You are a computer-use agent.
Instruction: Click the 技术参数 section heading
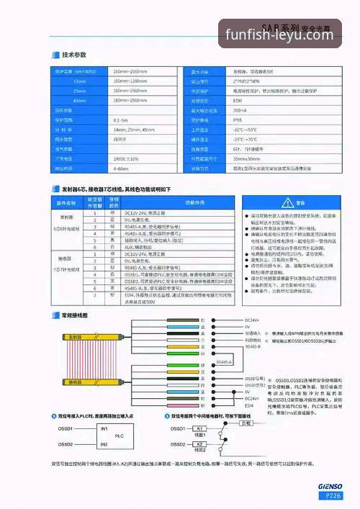(74, 55)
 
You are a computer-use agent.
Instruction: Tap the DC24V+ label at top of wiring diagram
(252, 320)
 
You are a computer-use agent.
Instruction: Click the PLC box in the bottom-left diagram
(120, 436)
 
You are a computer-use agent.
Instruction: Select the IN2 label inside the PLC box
(104, 444)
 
